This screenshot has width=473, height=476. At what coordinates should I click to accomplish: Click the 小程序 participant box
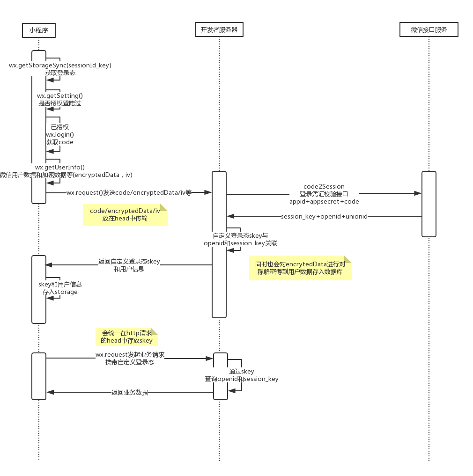(x=39, y=30)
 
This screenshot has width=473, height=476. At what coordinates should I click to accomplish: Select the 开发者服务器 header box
(x=219, y=30)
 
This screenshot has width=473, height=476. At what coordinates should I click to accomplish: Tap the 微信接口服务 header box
(x=429, y=30)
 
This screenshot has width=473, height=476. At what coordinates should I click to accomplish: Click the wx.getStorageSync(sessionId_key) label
(x=60, y=65)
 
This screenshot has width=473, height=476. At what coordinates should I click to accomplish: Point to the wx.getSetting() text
(x=60, y=95)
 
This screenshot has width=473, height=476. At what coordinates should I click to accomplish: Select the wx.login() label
(x=59, y=134)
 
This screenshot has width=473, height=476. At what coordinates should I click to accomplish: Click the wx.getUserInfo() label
(x=60, y=167)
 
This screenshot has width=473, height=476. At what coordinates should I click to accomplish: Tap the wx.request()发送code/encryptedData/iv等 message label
(x=129, y=192)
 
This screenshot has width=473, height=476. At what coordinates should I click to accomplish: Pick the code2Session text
(x=324, y=186)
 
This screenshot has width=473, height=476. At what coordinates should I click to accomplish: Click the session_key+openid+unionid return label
(x=324, y=217)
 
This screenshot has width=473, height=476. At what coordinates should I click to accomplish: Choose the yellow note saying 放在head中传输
(x=125, y=215)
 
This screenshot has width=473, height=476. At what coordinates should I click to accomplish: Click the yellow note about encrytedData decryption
(x=300, y=268)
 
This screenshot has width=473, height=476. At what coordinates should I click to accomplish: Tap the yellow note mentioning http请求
(x=127, y=337)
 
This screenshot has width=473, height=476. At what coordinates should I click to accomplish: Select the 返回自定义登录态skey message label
(x=129, y=262)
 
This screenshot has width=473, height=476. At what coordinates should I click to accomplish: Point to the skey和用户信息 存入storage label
(x=60, y=288)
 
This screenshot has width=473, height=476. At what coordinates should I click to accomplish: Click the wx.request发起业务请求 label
(x=130, y=355)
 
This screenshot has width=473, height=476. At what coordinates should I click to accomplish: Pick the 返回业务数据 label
(x=130, y=393)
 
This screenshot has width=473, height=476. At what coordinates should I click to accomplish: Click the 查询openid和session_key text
(x=242, y=379)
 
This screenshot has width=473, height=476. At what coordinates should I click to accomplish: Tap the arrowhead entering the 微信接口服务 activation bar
(x=418, y=193)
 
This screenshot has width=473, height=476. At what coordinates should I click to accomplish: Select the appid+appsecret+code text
(x=324, y=201)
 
